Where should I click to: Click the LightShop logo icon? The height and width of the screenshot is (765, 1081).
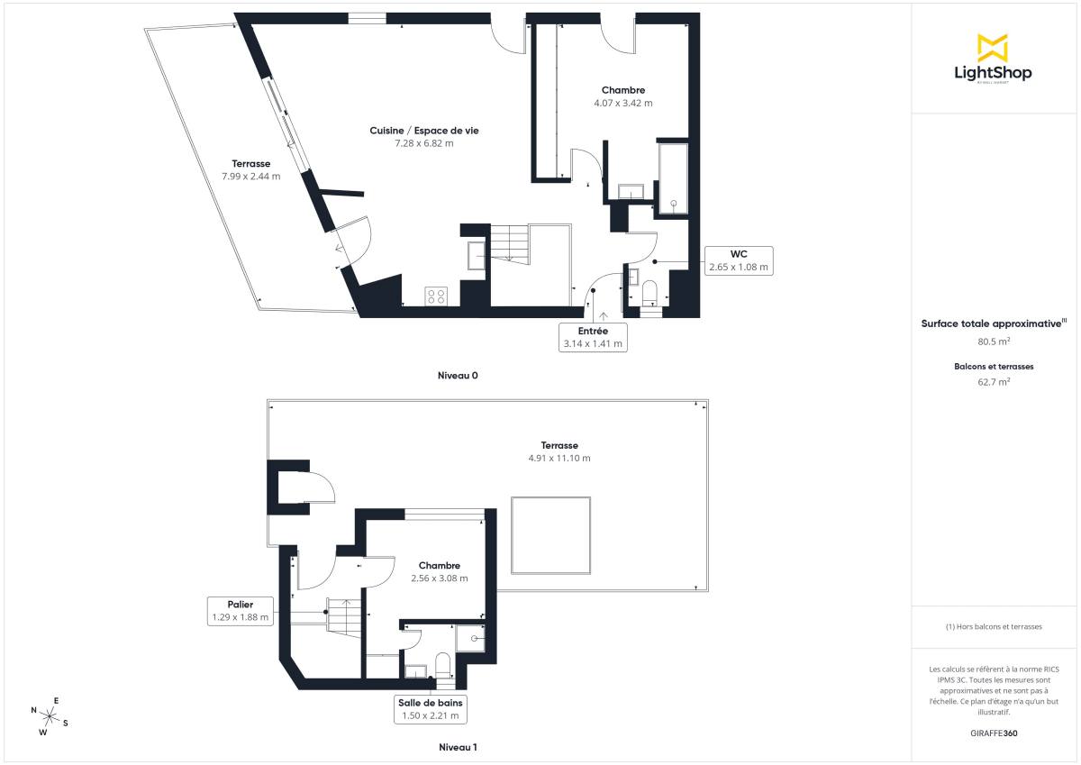(x=993, y=48)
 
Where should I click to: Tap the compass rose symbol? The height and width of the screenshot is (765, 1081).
(x=50, y=715)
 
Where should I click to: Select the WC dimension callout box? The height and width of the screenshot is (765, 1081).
(x=739, y=260)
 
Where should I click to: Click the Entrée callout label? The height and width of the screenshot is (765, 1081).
(x=593, y=337)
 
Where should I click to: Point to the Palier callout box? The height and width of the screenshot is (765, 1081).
(x=240, y=611)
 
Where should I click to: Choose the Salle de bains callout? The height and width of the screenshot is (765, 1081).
(x=431, y=709)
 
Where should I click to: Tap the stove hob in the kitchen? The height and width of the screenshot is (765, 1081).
(x=437, y=296)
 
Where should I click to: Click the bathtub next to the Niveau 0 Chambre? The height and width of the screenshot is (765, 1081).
(x=673, y=178)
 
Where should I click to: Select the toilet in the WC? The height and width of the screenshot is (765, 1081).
(x=650, y=292)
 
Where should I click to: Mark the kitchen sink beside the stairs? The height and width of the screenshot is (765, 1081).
(x=476, y=256)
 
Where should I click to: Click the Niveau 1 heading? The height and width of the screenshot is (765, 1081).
(x=458, y=747)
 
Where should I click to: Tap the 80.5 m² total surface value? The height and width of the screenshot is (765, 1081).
(x=994, y=342)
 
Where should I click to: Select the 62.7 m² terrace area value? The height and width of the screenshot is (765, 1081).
(x=994, y=381)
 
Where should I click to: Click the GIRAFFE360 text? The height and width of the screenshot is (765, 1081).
(x=994, y=733)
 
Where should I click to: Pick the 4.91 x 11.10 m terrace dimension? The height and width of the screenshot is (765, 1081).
(x=559, y=458)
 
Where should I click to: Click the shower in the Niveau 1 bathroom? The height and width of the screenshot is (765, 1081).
(x=472, y=639)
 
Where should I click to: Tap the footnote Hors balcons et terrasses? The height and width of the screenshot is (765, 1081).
(x=994, y=626)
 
